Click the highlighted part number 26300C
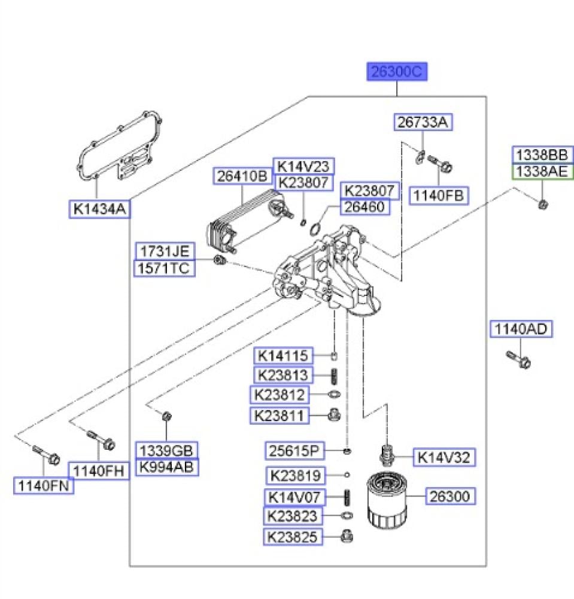coord(397,72)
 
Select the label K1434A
coord(99,209)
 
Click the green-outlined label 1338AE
coord(541,172)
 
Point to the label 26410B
coord(242,177)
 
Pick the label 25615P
coord(295,449)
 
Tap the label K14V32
coord(444,458)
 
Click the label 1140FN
coord(44,486)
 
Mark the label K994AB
coord(167,467)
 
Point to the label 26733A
coord(423,122)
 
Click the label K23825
coord(293,537)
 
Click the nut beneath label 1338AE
coord(542,204)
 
